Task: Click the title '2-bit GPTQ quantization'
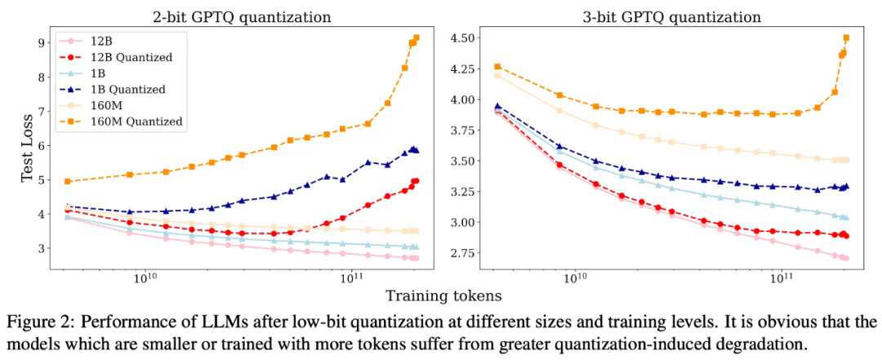point(235,16)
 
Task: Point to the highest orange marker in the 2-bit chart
point(416,38)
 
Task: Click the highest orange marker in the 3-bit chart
point(846,38)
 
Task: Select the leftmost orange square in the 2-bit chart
point(68,181)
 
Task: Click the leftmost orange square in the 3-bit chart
point(497,67)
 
